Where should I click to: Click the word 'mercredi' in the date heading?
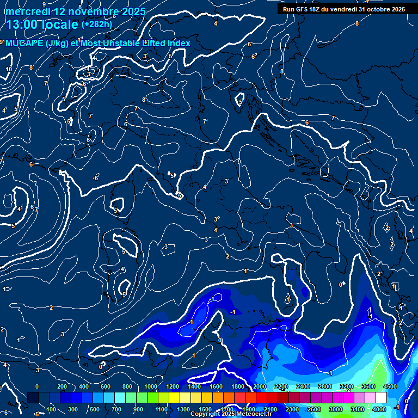pos(29,11)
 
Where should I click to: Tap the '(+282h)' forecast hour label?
pos(96,24)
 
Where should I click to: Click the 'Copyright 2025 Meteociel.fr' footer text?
pos(231,414)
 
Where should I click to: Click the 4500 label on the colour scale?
pos(389,386)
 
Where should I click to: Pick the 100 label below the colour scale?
pos(51,409)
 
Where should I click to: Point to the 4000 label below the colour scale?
pos(379,409)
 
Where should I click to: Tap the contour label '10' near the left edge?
pos(9,69)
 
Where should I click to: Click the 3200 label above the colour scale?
pos(346,386)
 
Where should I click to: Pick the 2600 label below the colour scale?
pos(313,409)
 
